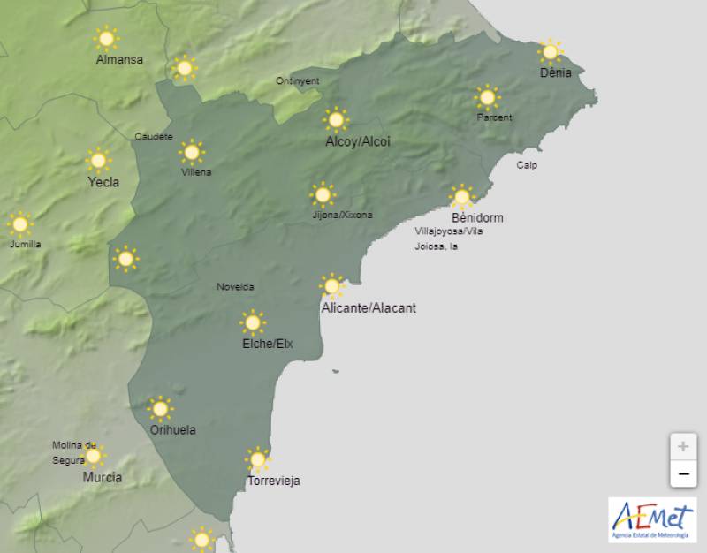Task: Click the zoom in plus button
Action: pyautogui.click(x=682, y=447)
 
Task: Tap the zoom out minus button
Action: pyautogui.click(x=682, y=474)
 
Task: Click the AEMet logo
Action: pyautogui.click(x=652, y=519)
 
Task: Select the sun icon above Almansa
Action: pyautogui.click(x=107, y=38)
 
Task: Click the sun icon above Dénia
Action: pyautogui.click(x=551, y=51)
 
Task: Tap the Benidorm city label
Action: pyautogui.click(x=476, y=217)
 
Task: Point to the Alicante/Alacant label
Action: pyautogui.click(x=369, y=308)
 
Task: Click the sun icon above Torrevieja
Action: pyautogui.click(x=258, y=459)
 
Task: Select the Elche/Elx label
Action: pyautogui.click(x=267, y=344)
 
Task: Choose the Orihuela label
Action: pyautogui.click(x=172, y=430)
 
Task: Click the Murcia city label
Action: pyautogui.click(x=103, y=477)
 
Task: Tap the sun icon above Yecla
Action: pyautogui.click(x=98, y=160)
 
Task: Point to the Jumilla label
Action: pyautogui.click(x=25, y=244)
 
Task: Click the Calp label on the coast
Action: pyautogui.click(x=527, y=165)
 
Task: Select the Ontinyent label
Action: pyautogui.click(x=298, y=80)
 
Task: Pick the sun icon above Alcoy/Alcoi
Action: pyautogui.click(x=336, y=118)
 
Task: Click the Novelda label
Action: pyautogui.click(x=235, y=287)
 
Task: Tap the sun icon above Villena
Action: pyautogui.click(x=191, y=152)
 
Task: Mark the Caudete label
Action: pyautogui.click(x=154, y=136)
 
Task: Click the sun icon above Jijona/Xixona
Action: pyautogui.click(x=323, y=194)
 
